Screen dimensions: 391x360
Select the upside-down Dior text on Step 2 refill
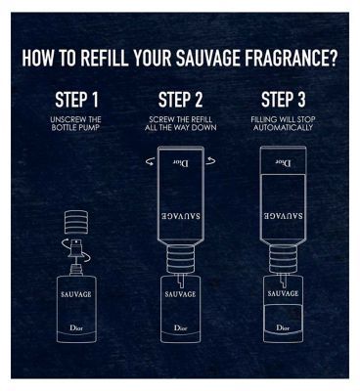coord(179,162)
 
